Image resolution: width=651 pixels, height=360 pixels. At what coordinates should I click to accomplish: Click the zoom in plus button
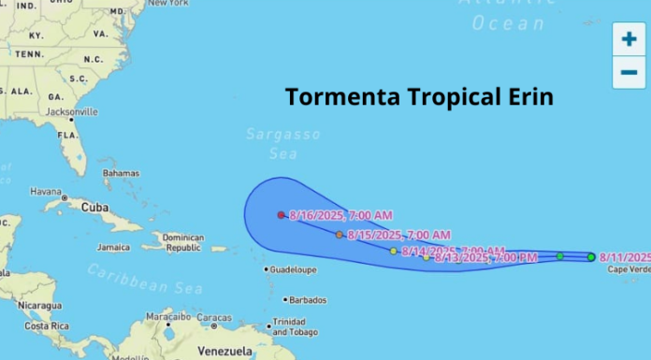tap(629, 39)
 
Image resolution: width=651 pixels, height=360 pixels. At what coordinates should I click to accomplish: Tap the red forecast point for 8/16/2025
tap(281, 214)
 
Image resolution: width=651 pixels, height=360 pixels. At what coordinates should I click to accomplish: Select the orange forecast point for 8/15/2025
tap(340, 234)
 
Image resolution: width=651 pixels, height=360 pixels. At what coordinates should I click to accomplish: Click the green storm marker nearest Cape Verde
tap(590, 256)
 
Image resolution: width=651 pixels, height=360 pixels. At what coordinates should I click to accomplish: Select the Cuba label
tap(94, 206)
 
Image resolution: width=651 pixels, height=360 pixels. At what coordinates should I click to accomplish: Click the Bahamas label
tap(121, 173)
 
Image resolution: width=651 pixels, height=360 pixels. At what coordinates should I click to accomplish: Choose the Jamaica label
tap(113, 248)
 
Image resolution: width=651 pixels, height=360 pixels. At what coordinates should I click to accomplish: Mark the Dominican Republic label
tap(183, 243)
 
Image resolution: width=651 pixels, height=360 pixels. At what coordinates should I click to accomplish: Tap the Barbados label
tap(308, 300)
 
